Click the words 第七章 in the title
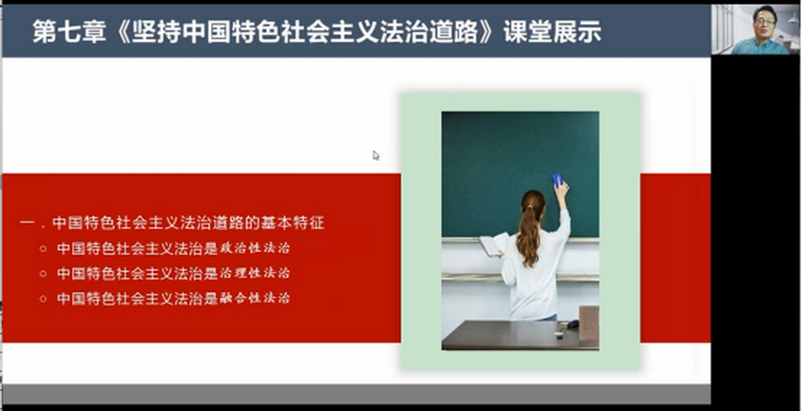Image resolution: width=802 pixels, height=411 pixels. click(x=69, y=32)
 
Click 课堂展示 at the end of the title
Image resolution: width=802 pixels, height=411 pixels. click(x=553, y=32)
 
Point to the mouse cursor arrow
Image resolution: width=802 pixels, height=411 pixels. click(x=376, y=155)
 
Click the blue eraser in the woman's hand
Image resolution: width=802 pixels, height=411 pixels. click(x=557, y=179)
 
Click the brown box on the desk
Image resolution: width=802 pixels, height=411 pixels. click(x=589, y=324)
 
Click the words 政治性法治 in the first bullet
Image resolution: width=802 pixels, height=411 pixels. click(x=255, y=248)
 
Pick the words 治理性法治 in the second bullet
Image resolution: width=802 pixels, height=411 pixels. click(x=255, y=273)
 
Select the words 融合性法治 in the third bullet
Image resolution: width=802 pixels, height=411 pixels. click(x=255, y=298)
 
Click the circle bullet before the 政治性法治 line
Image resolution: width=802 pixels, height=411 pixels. click(x=43, y=249)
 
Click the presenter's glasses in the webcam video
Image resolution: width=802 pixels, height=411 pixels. click(x=764, y=22)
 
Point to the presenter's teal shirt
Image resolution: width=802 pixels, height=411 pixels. click(x=760, y=46)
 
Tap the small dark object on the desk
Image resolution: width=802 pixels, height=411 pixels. click(x=573, y=324)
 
